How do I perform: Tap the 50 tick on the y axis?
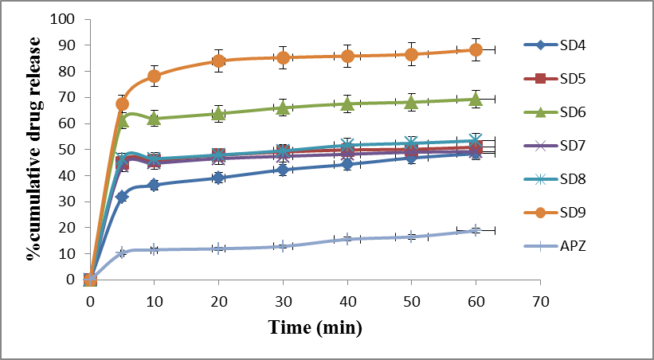click(x=71, y=150)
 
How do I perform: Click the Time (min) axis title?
click(x=315, y=327)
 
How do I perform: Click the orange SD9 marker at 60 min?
click(x=476, y=49)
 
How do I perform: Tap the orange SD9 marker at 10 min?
click(x=155, y=76)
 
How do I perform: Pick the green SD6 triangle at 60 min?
click(x=476, y=99)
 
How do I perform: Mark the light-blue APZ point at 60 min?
click(x=476, y=230)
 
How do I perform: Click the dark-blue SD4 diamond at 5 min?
click(x=122, y=196)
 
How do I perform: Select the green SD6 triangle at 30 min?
click(x=283, y=108)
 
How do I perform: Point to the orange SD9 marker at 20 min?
click(x=218, y=61)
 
